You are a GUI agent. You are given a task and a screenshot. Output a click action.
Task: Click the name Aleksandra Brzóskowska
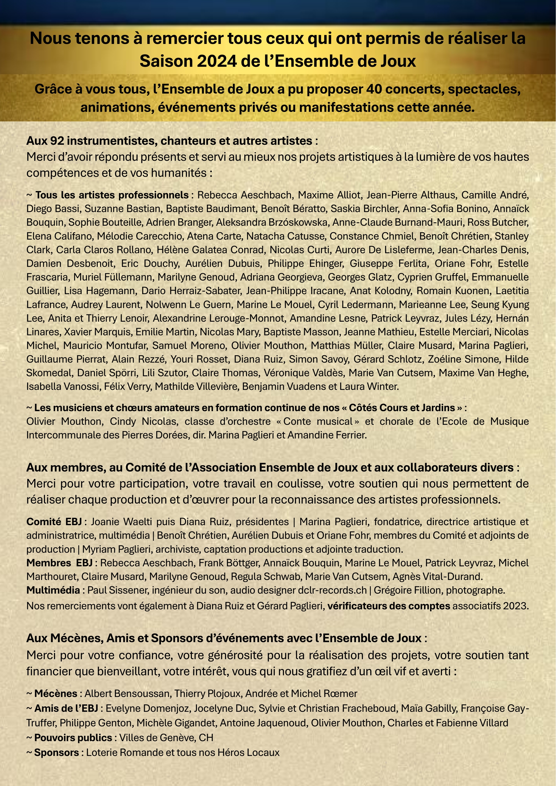272,222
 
